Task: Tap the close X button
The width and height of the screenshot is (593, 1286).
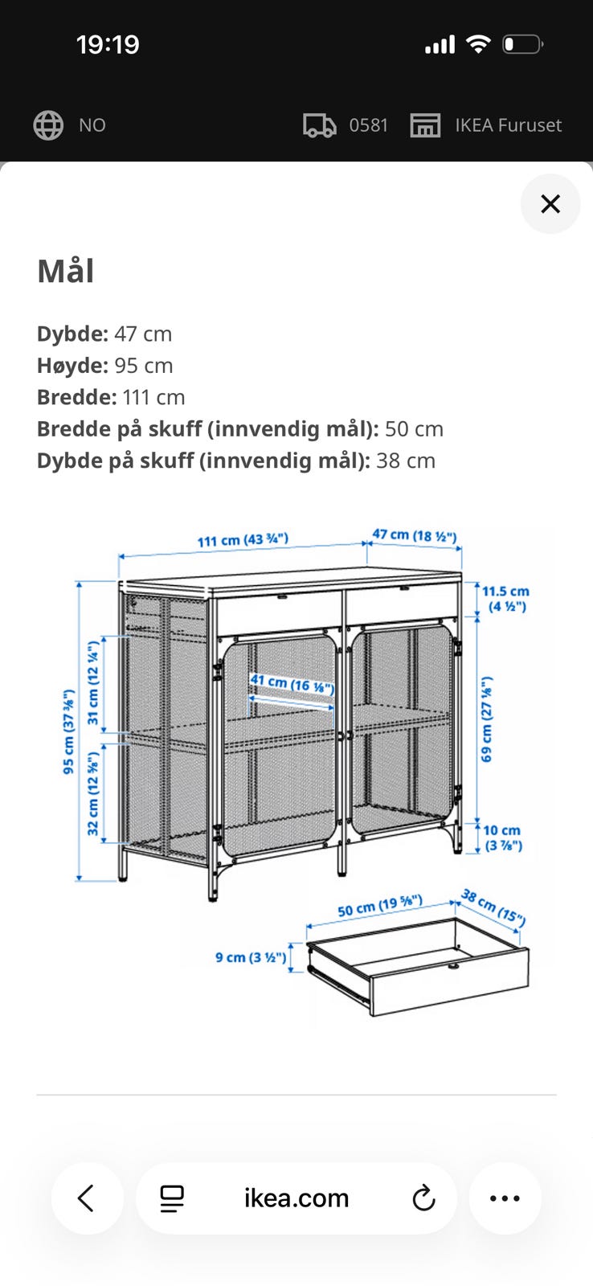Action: coord(550,204)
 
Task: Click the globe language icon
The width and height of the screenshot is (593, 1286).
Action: coord(48,125)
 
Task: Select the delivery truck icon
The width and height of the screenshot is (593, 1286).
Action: coord(319,125)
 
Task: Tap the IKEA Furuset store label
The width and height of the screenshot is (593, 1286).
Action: coord(508,125)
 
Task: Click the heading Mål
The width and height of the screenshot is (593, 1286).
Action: coord(65,270)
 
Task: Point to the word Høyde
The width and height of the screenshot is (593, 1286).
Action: coord(72,365)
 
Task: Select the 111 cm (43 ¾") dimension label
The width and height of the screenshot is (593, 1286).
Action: coord(243,539)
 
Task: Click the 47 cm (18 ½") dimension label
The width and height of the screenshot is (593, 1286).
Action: coord(415,535)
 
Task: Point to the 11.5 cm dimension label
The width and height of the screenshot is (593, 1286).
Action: coord(505,599)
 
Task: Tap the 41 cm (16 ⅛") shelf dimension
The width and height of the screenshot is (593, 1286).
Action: coord(292,683)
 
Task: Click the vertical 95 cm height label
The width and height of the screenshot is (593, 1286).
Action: coord(68,731)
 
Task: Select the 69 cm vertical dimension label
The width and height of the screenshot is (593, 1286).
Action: coord(486,719)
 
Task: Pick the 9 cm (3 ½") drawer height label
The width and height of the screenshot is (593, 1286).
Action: coord(251,957)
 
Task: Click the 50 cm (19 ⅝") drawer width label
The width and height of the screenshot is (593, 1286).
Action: coord(380,905)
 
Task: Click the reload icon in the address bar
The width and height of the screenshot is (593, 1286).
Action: coord(423,1198)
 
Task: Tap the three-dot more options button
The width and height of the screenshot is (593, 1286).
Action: coord(505,1198)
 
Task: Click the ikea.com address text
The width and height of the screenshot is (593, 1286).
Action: coord(296,1198)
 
